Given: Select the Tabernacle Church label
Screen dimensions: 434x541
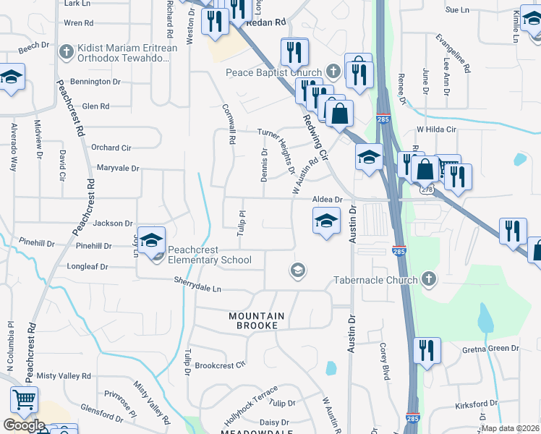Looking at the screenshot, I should [x=375, y=280].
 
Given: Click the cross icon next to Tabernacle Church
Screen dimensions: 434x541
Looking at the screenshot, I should [x=428, y=279].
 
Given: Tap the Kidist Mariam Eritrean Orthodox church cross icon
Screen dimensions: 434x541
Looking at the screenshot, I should [x=66, y=51].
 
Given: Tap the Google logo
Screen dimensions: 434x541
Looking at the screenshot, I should [x=24, y=425].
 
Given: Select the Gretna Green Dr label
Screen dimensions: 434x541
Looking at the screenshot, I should [x=491, y=349].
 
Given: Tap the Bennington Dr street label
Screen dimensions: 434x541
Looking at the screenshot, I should [x=95, y=82].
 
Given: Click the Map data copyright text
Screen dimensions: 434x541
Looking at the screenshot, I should [x=510, y=428].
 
